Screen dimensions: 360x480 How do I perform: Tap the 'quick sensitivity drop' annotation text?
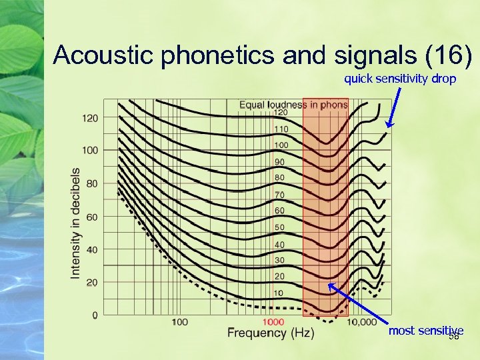[400, 79]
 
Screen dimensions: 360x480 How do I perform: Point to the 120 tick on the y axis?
[89, 118]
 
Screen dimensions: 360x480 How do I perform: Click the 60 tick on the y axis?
[91, 217]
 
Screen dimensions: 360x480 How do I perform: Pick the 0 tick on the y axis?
[95, 315]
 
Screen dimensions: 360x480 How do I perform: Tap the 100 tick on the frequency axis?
[179, 322]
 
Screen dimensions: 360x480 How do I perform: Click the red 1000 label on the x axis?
[273, 322]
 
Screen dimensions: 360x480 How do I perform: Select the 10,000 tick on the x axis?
[363, 322]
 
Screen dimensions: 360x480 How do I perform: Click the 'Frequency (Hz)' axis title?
[271, 333]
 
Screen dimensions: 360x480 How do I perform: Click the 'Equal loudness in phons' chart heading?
[293, 105]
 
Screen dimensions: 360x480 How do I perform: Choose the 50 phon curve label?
[280, 227]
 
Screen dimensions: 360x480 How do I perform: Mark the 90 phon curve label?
[280, 162]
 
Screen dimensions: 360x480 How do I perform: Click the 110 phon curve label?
[281, 129]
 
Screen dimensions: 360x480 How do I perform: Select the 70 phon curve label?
[280, 195]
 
